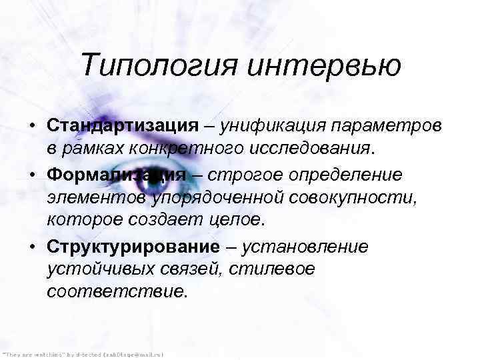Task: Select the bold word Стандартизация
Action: tap(123, 125)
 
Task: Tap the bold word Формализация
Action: tap(117, 174)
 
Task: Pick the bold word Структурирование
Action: tap(133, 247)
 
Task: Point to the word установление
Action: tap(304, 247)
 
